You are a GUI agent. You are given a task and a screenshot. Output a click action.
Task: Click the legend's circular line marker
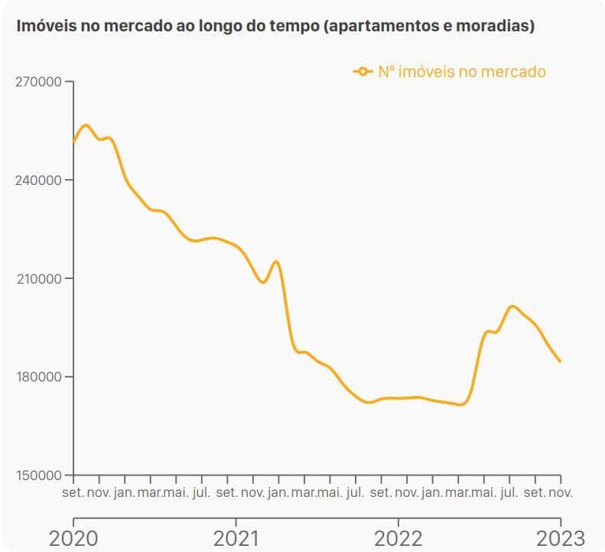click(363, 72)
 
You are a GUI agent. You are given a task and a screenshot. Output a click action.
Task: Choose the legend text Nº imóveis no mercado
click(462, 72)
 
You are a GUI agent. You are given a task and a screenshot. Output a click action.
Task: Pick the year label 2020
click(73, 537)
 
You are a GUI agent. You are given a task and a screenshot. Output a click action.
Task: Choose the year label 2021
click(236, 537)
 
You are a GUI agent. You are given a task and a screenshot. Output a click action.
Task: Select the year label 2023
click(561, 537)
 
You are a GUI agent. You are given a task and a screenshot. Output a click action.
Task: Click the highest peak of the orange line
click(86, 125)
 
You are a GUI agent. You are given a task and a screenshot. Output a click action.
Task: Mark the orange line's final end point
click(561, 362)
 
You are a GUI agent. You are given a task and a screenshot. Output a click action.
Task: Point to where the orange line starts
click(73, 142)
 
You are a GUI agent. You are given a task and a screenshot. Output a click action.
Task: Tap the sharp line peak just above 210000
click(276, 261)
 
